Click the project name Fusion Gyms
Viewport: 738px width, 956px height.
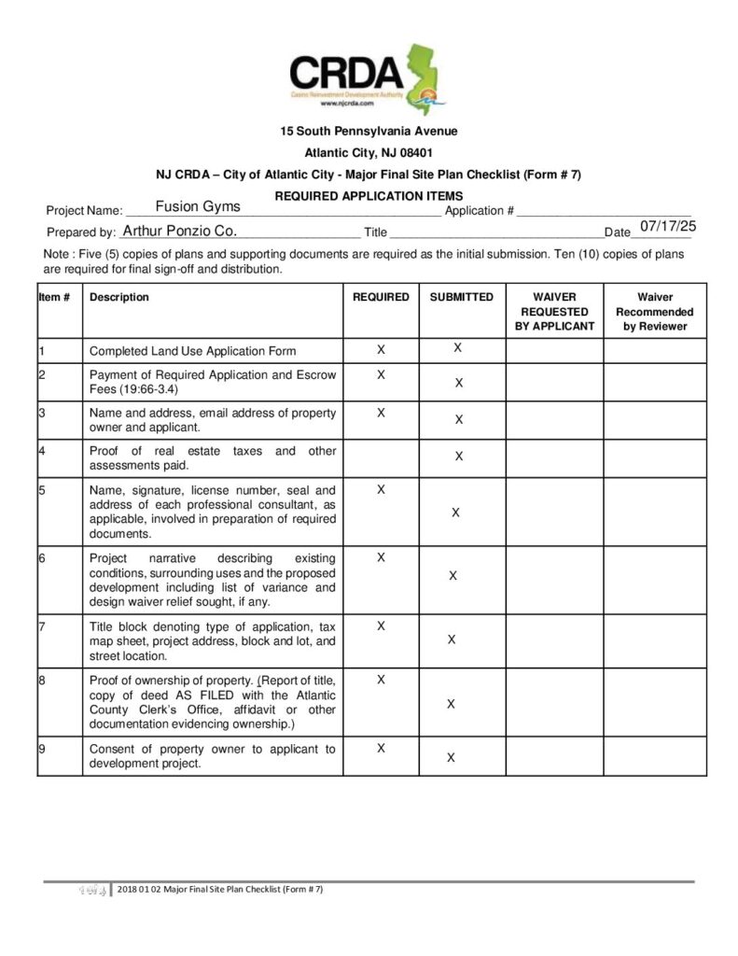tap(197, 206)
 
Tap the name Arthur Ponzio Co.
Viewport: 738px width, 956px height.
tap(179, 230)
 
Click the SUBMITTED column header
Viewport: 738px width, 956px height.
tap(461, 297)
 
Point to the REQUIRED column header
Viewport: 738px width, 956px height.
tap(381, 297)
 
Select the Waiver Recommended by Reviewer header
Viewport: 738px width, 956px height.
tap(654, 312)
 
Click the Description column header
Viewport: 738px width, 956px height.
tap(118, 297)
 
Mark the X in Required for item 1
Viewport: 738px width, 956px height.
tap(381, 349)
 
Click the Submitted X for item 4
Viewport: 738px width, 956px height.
tap(458, 457)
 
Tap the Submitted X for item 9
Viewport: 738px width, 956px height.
tap(451, 758)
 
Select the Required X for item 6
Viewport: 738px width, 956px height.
tap(381, 557)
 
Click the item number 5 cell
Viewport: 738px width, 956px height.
tap(60, 512)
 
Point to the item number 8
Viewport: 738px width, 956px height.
tap(43, 681)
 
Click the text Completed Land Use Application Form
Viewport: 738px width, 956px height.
tap(192, 351)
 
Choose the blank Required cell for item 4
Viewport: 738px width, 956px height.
tap(381, 457)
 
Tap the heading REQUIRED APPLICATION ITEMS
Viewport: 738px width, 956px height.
tap(369, 196)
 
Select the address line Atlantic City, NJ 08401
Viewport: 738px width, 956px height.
tap(369, 152)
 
